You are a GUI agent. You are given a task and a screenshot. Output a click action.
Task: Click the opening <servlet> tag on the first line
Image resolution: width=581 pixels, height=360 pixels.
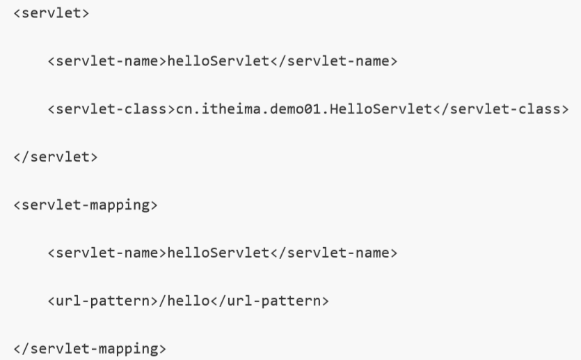coord(51,14)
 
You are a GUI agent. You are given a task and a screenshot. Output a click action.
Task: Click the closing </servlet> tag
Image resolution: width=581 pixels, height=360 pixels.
coord(56,157)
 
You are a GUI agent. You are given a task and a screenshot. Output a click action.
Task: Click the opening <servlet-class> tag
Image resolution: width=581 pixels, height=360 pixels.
coord(111,109)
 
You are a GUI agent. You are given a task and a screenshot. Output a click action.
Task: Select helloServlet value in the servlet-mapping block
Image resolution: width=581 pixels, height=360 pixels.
coord(218,253)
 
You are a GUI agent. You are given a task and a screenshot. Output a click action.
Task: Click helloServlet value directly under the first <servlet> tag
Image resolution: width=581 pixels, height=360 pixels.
coord(218,62)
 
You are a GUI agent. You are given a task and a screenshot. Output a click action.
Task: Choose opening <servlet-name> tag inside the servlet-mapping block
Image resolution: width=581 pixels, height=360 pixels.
coord(107,253)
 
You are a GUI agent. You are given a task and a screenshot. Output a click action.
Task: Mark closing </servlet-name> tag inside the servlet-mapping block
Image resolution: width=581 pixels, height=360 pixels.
coord(333,253)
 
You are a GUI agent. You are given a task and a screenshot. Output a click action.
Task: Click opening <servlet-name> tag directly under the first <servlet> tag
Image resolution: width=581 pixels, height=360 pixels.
coord(107,62)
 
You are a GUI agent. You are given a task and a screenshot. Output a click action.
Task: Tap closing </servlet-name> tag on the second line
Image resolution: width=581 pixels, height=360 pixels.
coord(333,62)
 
